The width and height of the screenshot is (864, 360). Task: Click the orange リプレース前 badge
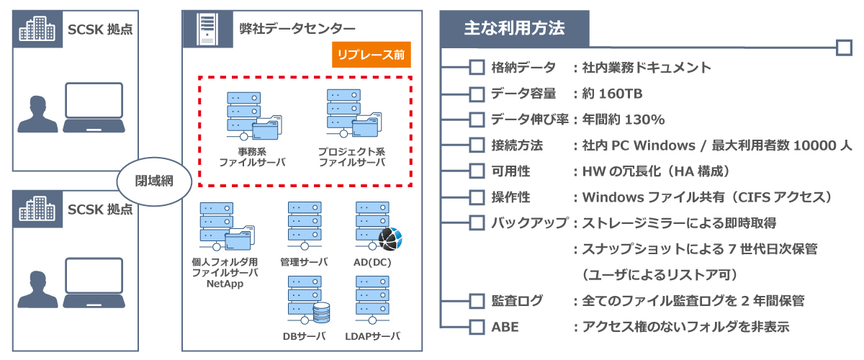pos(372,54)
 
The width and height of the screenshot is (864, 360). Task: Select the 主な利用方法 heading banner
pos(514,29)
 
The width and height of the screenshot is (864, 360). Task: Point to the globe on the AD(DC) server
pos(392,237)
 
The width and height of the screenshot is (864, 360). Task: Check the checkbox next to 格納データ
pos(477,68)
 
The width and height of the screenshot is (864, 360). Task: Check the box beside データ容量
pos(477,94)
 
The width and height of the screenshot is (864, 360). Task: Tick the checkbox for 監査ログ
pos(477,301)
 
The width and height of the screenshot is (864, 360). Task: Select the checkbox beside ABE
pos(477,327)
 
